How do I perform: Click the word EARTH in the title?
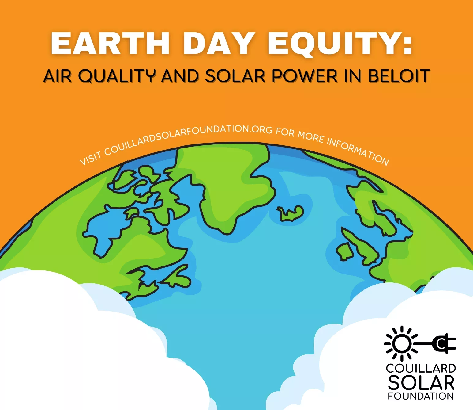[x=110, y=44]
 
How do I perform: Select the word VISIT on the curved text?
[x=91, y=158]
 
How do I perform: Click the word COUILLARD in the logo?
[x=421, y=369]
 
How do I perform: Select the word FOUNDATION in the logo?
[x=421, y=396]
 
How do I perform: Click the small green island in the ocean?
[x=290, y=213]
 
